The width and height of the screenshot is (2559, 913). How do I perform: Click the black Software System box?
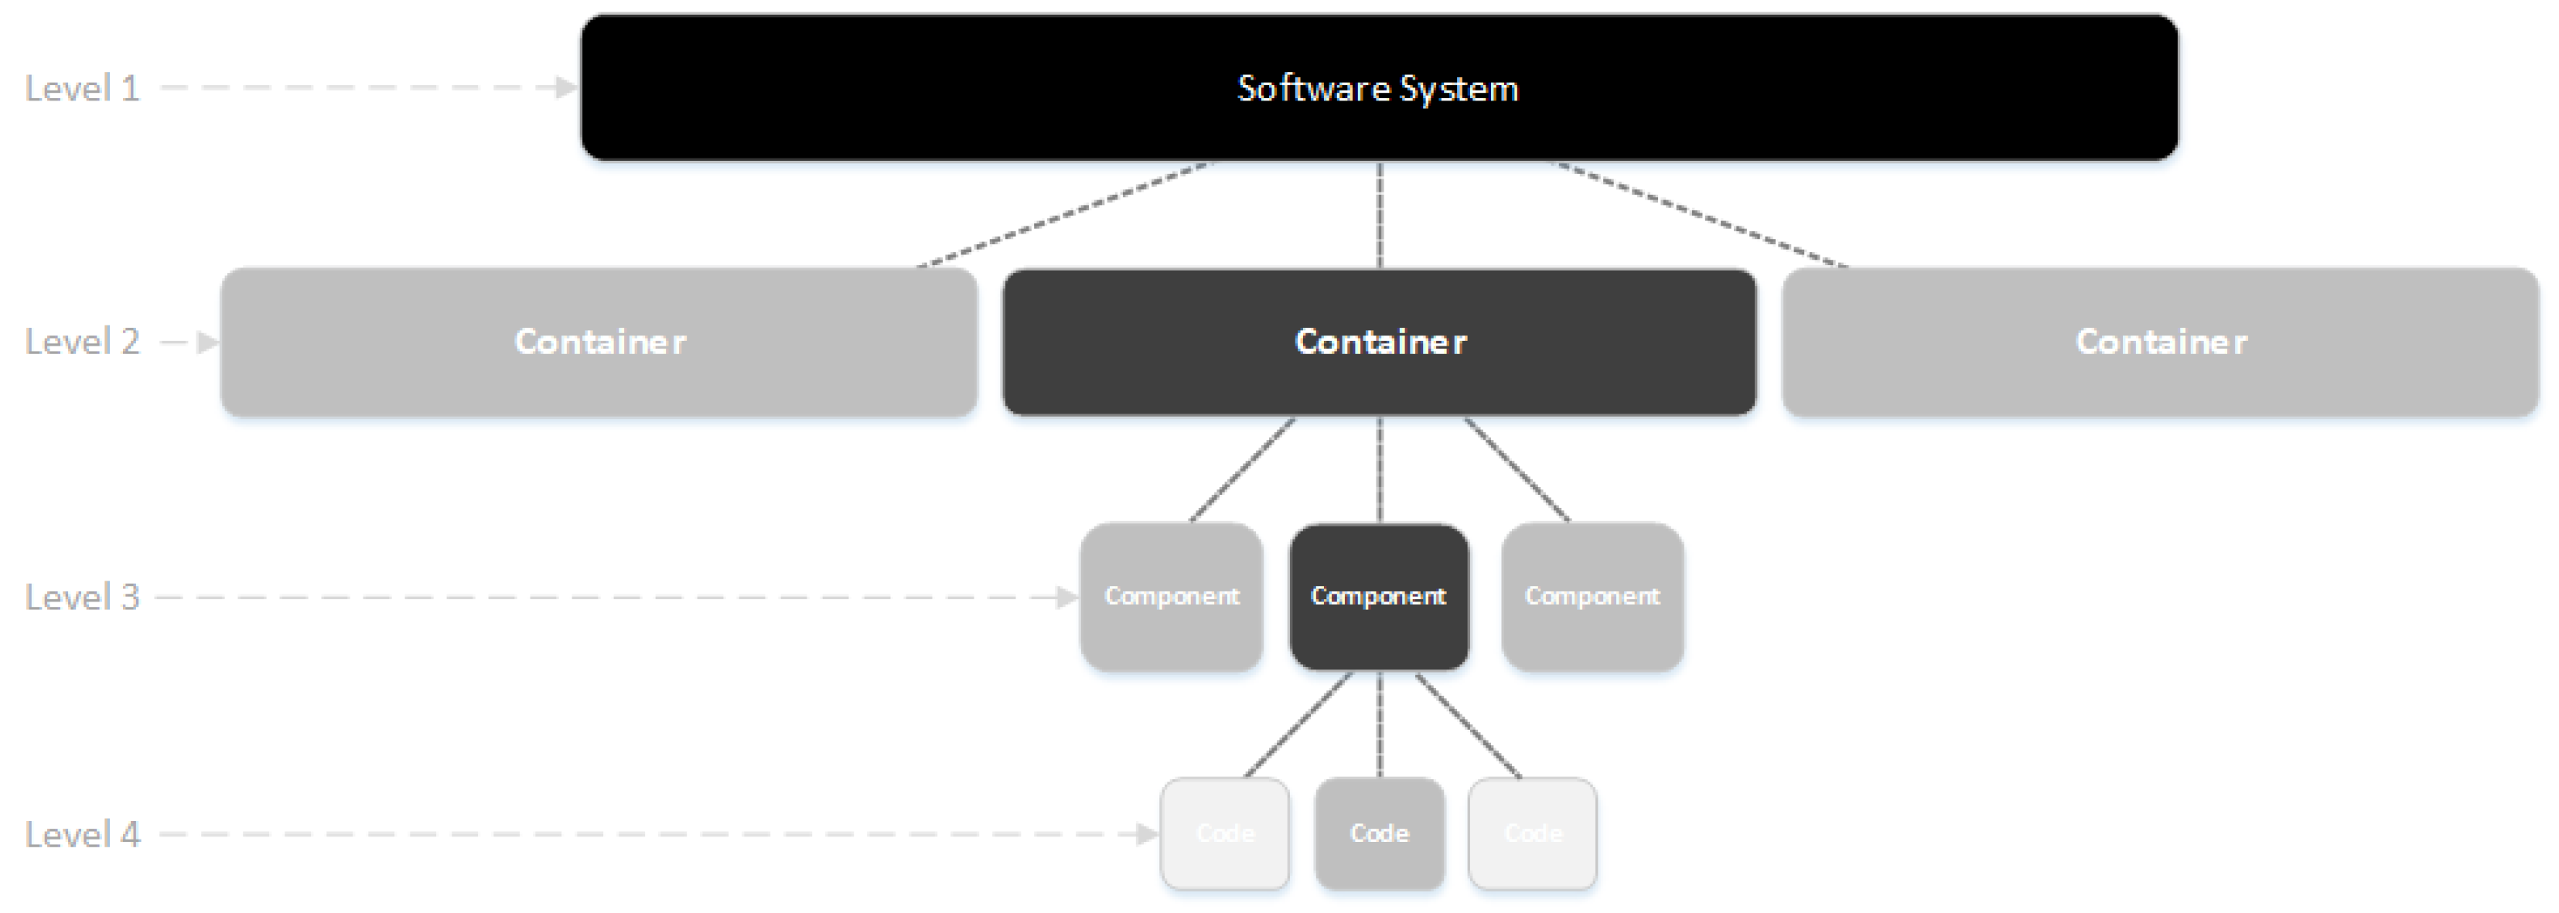1379,87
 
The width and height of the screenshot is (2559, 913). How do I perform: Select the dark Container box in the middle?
1379,342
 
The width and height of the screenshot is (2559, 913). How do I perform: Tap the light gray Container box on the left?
599,342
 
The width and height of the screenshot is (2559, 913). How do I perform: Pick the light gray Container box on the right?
2161,342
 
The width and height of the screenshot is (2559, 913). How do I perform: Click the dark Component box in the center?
1379,596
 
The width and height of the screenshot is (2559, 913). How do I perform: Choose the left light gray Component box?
1171,596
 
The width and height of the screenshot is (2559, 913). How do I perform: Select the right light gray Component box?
1592,596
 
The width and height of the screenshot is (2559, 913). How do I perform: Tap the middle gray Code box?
1379,833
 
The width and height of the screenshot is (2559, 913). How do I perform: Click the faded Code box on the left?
1225,833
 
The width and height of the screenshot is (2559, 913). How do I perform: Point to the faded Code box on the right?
1533,833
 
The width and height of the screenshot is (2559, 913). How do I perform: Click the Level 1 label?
83,88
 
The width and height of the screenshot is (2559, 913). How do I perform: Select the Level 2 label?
83,342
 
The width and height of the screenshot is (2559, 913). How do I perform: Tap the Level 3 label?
83,597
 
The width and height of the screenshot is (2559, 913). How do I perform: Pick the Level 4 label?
83,834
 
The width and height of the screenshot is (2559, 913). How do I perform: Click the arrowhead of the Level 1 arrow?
566,87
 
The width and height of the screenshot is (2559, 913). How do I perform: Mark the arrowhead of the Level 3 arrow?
1068,597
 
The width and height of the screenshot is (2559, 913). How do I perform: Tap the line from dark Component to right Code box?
1467,725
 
